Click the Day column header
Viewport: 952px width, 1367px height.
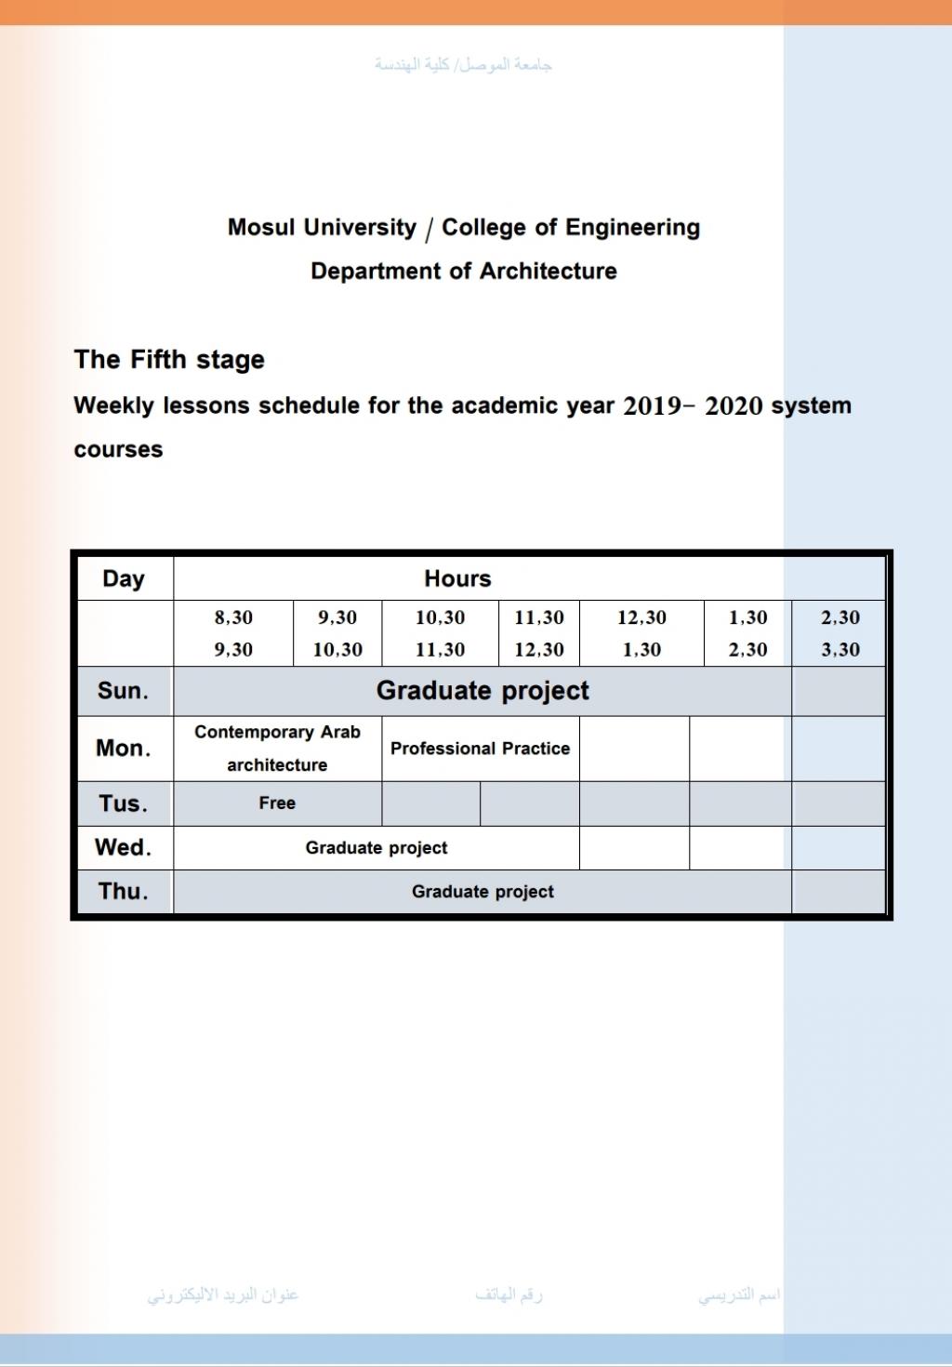(124, 578)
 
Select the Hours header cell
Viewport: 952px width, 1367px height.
(457, 578)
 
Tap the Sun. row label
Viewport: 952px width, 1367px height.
(124, 691)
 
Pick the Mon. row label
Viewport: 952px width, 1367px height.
(124, 748)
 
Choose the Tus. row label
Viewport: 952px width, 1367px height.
(124, 803)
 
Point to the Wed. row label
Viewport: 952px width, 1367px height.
(124, 847)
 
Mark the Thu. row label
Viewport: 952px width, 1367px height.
(124, 891)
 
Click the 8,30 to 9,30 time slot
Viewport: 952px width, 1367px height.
(233, 633)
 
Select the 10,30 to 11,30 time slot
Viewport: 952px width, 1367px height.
(440, 633)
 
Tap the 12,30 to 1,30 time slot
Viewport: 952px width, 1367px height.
(641, 633)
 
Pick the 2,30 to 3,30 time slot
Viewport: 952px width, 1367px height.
(840, 633)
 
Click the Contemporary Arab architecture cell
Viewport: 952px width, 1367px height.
(277, 748)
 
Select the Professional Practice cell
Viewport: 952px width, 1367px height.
(480, 749)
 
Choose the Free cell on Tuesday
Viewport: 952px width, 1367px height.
(277, 803)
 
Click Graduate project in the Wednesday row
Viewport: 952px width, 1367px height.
(377, 848)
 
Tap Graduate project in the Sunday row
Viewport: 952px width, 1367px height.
(483, 691)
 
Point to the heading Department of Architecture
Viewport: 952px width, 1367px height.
(464, 272)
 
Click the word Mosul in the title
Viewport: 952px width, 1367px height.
(261, 228)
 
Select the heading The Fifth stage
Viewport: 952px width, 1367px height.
(169, 360)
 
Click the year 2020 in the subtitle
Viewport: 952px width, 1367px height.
(734, 406)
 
